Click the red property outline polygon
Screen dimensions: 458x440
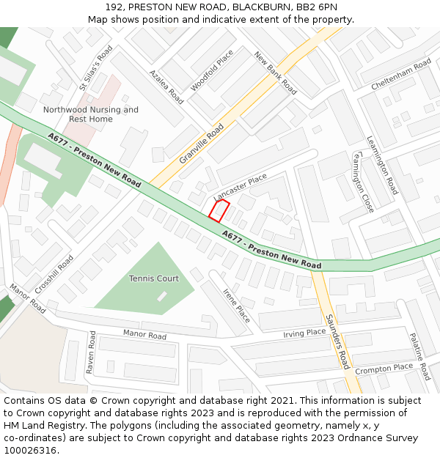pyautogui.click(x=219, y=211)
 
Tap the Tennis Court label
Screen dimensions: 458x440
pyautogui.click(x=154, y=278)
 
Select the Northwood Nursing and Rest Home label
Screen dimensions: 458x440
pyautogui.click(x=91, y=114)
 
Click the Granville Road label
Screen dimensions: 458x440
pyautogui.click(x=202, y=144)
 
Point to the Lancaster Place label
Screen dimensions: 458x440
pyautogui.click(x=241, y=188)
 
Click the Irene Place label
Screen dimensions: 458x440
pyautogui.click(x=236, y=306)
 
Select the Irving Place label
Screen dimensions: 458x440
pyautogui.click(x=304, y=333)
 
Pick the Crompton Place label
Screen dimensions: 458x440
pyautogui.click(x=384, y=369)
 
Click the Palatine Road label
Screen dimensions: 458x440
pyautogui.click(x=419, y=355)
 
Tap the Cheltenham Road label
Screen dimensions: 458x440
pyautogui.click(x=401, y=75)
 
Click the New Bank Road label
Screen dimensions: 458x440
pyautogui.click(x=276, y=73)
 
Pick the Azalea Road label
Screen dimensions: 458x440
pyautogui.click(x=166, y=87)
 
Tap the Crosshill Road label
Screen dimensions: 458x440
pyautogui.click(x=54, y=275)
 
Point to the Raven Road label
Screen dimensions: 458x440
pyautogui.click(x=92, y=352)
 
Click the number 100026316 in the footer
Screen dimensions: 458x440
pyautogui.click(x=30, y=450)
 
